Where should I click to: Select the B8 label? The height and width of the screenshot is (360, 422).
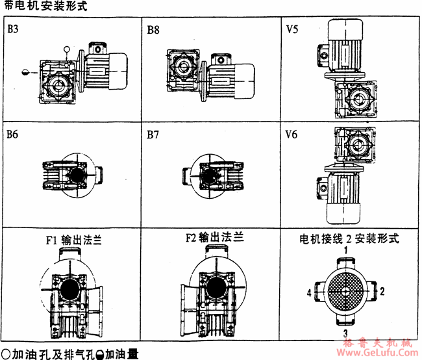153,30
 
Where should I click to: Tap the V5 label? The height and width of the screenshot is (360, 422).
293,30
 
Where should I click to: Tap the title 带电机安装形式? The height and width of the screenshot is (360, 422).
44,6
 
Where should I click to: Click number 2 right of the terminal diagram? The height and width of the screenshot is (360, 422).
383,290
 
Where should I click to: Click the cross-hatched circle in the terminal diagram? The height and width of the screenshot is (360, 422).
347,290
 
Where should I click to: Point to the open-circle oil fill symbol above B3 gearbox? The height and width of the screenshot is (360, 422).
66,49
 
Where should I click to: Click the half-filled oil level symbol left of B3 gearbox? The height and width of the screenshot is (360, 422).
25,72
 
